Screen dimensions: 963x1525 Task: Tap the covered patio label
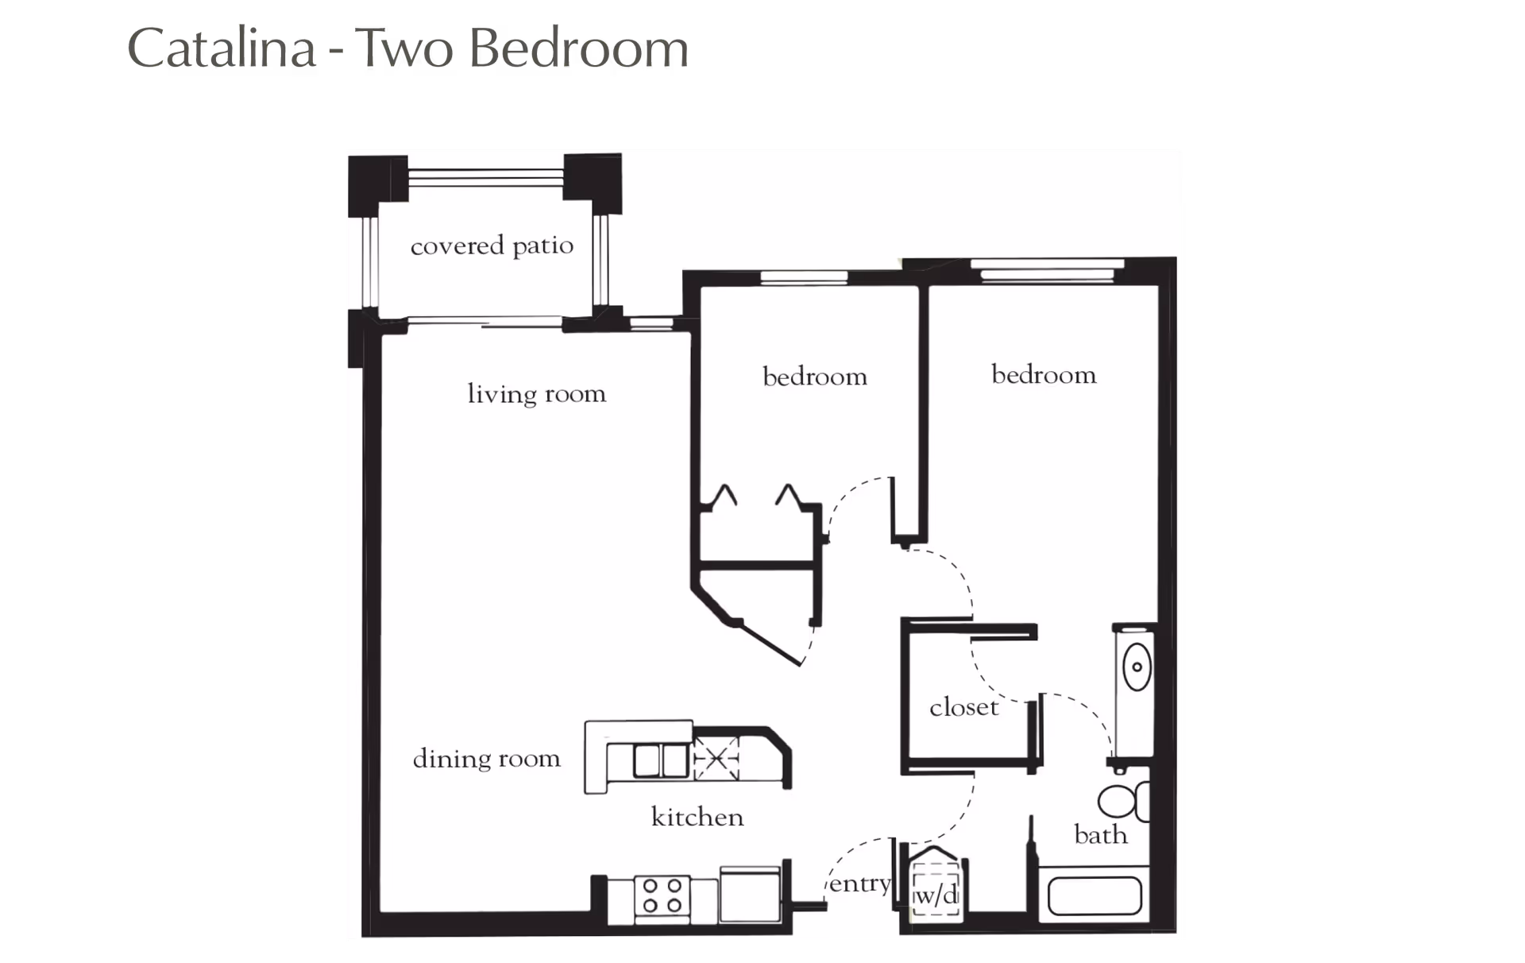(492, 246)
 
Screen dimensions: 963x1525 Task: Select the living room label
(536, 394)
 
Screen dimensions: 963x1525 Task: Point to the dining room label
(486, 759)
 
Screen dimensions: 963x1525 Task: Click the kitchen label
(697, 817)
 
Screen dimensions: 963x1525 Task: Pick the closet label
(963, 707)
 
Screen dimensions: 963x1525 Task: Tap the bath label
(1100, 834)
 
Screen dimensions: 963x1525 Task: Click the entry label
(859, 884)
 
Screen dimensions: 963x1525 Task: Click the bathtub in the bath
(1095, 896)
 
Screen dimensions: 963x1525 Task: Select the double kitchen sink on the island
(660, 760)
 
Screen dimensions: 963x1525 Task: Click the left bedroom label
(814, 377)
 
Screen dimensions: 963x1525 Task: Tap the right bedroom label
(1044, 375)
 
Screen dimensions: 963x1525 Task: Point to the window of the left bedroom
(804, 277)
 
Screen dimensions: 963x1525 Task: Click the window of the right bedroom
(1047, 270)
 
